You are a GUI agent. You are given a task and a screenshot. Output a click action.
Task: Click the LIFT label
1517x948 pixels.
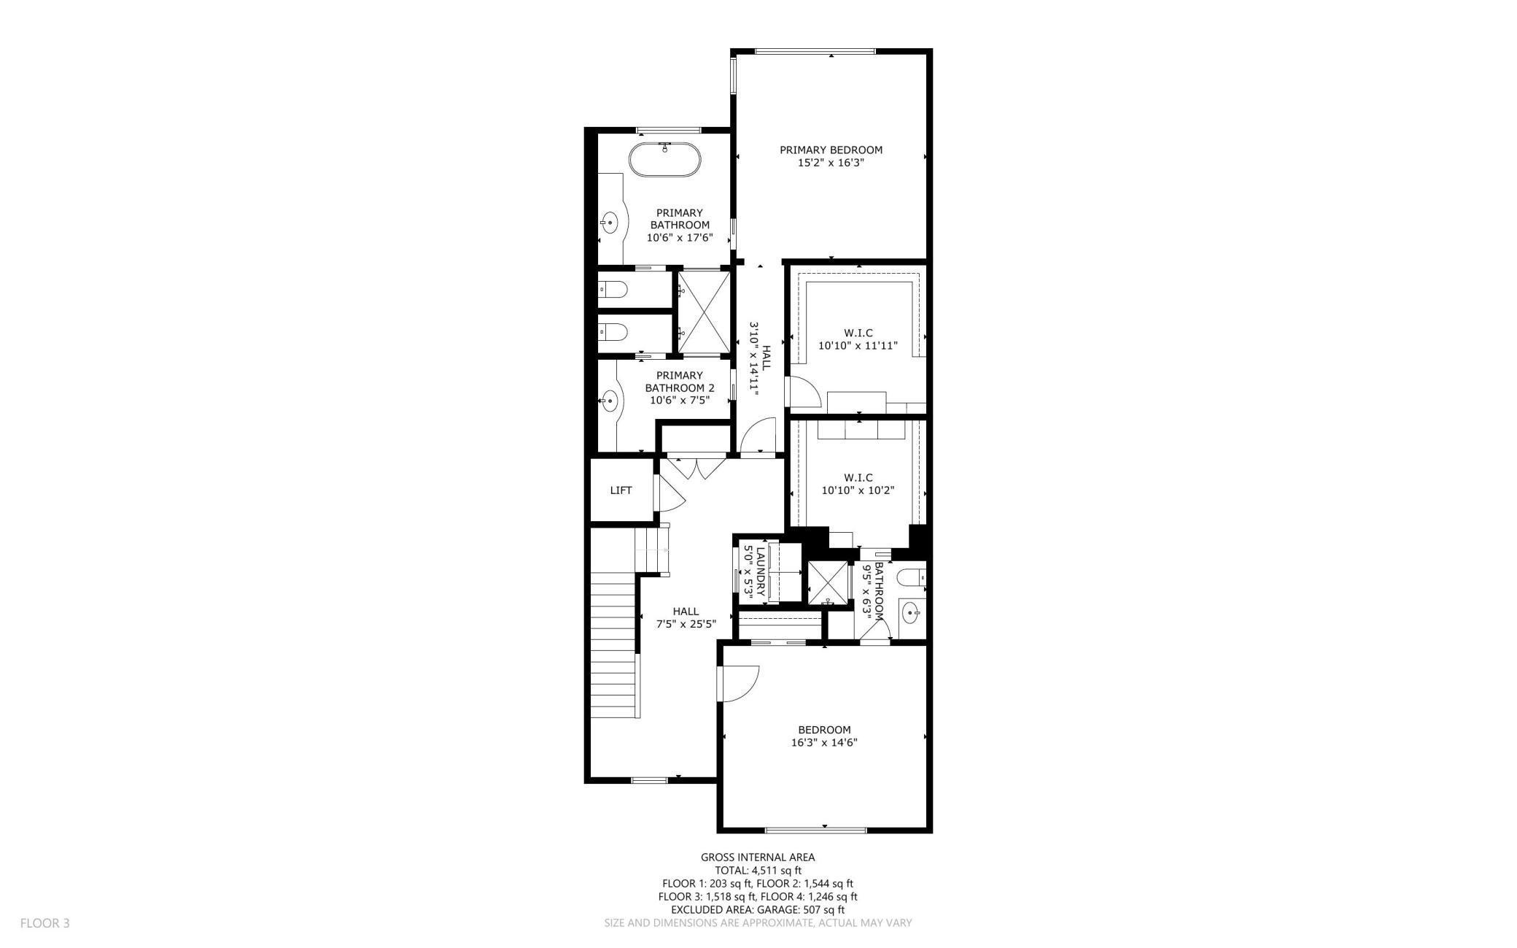pos(621,490)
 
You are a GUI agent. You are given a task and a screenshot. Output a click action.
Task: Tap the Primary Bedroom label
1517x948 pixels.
pos(831,150)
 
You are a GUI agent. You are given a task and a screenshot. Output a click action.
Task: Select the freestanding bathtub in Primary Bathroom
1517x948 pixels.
pos(665,160)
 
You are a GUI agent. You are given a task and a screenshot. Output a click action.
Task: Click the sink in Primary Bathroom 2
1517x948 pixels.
pos(610,400)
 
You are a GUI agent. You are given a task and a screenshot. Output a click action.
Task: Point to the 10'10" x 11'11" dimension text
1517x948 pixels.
pos(858,346)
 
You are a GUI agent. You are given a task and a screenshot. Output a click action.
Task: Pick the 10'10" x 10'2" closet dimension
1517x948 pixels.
pos(858,491)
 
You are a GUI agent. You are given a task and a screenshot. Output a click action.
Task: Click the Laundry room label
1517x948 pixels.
pos(761,572)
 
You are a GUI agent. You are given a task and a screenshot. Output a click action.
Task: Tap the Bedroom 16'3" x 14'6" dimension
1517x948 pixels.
pos(824,743)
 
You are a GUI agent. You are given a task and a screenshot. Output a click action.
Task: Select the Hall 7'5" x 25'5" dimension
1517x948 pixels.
pos(686,625)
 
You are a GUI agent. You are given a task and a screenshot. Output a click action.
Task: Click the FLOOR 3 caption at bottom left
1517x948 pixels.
pos(44,923)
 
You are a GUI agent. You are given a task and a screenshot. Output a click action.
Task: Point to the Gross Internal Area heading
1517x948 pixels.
pos(758,858)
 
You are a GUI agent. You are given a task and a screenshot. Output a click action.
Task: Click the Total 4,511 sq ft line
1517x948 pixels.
pos(758,871)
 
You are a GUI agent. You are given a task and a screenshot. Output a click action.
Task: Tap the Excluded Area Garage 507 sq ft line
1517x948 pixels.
pos(758,910)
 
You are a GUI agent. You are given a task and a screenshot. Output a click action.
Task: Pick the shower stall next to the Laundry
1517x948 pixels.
pos(829,583)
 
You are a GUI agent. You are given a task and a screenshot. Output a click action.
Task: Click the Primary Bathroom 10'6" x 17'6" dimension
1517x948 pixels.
pos(679,238)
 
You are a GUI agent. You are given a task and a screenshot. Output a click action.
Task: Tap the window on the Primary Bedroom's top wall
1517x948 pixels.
pos(815,51)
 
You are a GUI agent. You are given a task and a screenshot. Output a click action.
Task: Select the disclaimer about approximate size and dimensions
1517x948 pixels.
pos(758,923)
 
